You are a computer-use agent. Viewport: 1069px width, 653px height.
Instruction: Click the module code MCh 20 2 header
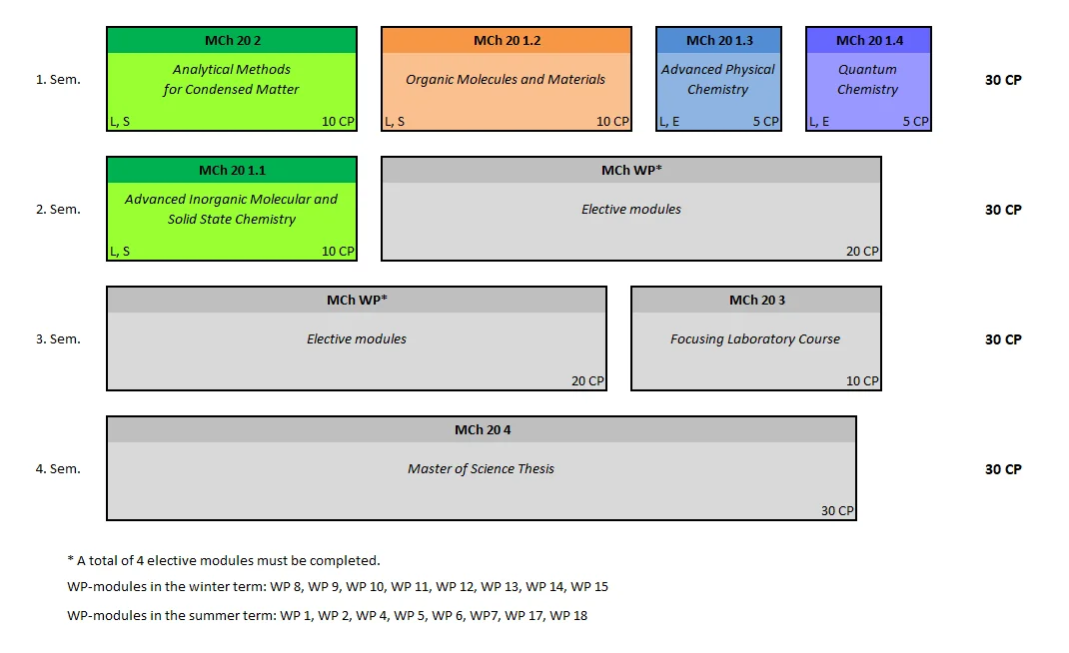click(232, 41)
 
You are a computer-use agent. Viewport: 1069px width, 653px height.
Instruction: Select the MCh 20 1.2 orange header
click(507, 41)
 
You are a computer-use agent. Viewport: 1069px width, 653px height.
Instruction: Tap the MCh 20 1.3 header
click(719, 41)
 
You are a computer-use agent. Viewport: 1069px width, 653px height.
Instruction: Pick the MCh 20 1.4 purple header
click(868, 41)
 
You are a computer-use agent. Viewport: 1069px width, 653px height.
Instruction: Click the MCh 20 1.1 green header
click(232, 171)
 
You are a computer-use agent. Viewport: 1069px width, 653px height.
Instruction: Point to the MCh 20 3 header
click(756, 301)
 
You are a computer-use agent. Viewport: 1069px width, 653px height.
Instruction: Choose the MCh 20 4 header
click(482, 430)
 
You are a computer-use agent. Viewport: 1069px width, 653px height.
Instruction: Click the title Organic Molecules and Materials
click(506, 80)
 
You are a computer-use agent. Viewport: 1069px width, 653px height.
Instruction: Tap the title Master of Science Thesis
click(481, 469)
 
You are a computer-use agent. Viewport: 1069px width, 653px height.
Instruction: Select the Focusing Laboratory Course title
click(755, 339)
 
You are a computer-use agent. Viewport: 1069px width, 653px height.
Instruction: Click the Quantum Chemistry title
click(867, 80)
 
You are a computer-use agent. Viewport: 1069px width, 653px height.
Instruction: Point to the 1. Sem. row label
click(58, 80)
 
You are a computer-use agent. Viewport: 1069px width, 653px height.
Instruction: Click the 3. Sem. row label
click(58, 339)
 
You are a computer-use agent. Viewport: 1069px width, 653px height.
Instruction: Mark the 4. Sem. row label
click(58, 469)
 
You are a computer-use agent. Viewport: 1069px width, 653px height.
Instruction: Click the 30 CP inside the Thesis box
click(837, 511)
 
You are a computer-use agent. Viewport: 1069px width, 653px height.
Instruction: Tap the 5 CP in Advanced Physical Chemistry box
click(765, 122)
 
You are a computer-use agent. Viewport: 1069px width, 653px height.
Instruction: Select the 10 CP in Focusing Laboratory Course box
click(862, 381)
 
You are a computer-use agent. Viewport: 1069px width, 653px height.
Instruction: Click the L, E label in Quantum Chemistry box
click(819, 122)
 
